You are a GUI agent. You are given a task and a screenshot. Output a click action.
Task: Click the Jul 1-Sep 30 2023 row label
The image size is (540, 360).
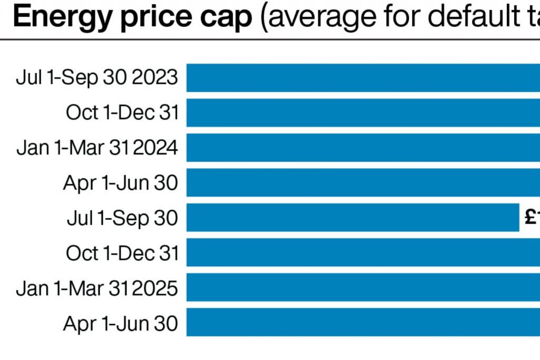[97, 77]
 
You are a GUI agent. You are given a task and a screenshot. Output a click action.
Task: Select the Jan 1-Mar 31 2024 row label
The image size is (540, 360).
[97, 148]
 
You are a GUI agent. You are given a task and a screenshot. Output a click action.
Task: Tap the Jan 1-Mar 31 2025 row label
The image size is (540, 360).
[97, 288]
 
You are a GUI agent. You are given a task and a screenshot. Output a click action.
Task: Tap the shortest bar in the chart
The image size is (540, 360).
[353, 218]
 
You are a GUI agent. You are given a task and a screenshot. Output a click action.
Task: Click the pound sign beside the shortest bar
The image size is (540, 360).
[530, 217]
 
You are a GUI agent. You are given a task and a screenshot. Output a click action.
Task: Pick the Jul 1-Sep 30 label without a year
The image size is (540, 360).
[122, 218]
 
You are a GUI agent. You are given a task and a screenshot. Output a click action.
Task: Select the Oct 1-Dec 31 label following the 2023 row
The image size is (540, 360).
[122, 112]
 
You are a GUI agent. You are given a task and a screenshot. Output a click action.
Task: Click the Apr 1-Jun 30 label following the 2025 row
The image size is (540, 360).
[121, 323]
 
